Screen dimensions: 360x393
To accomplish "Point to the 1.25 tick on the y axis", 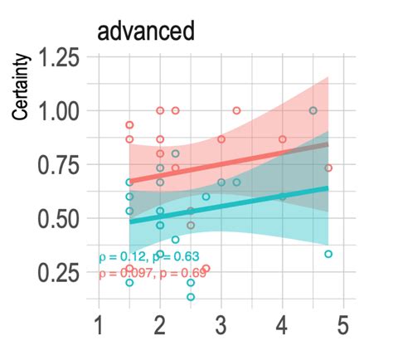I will tap(61, 60).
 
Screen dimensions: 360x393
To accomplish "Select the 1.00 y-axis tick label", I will tap(61, 111).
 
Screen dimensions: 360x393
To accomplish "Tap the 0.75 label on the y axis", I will tap(61, 165).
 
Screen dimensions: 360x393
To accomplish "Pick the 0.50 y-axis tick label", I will tap(61, 219).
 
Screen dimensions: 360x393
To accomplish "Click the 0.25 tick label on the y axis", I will tap(61, 273).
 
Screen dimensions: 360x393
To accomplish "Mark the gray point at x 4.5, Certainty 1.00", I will tap(313, 110).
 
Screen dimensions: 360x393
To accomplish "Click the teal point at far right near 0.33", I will tap(328, 254).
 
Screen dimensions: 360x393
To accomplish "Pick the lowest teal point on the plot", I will tap(191, 296).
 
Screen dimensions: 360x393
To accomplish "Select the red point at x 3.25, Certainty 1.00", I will tap(236, 110).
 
